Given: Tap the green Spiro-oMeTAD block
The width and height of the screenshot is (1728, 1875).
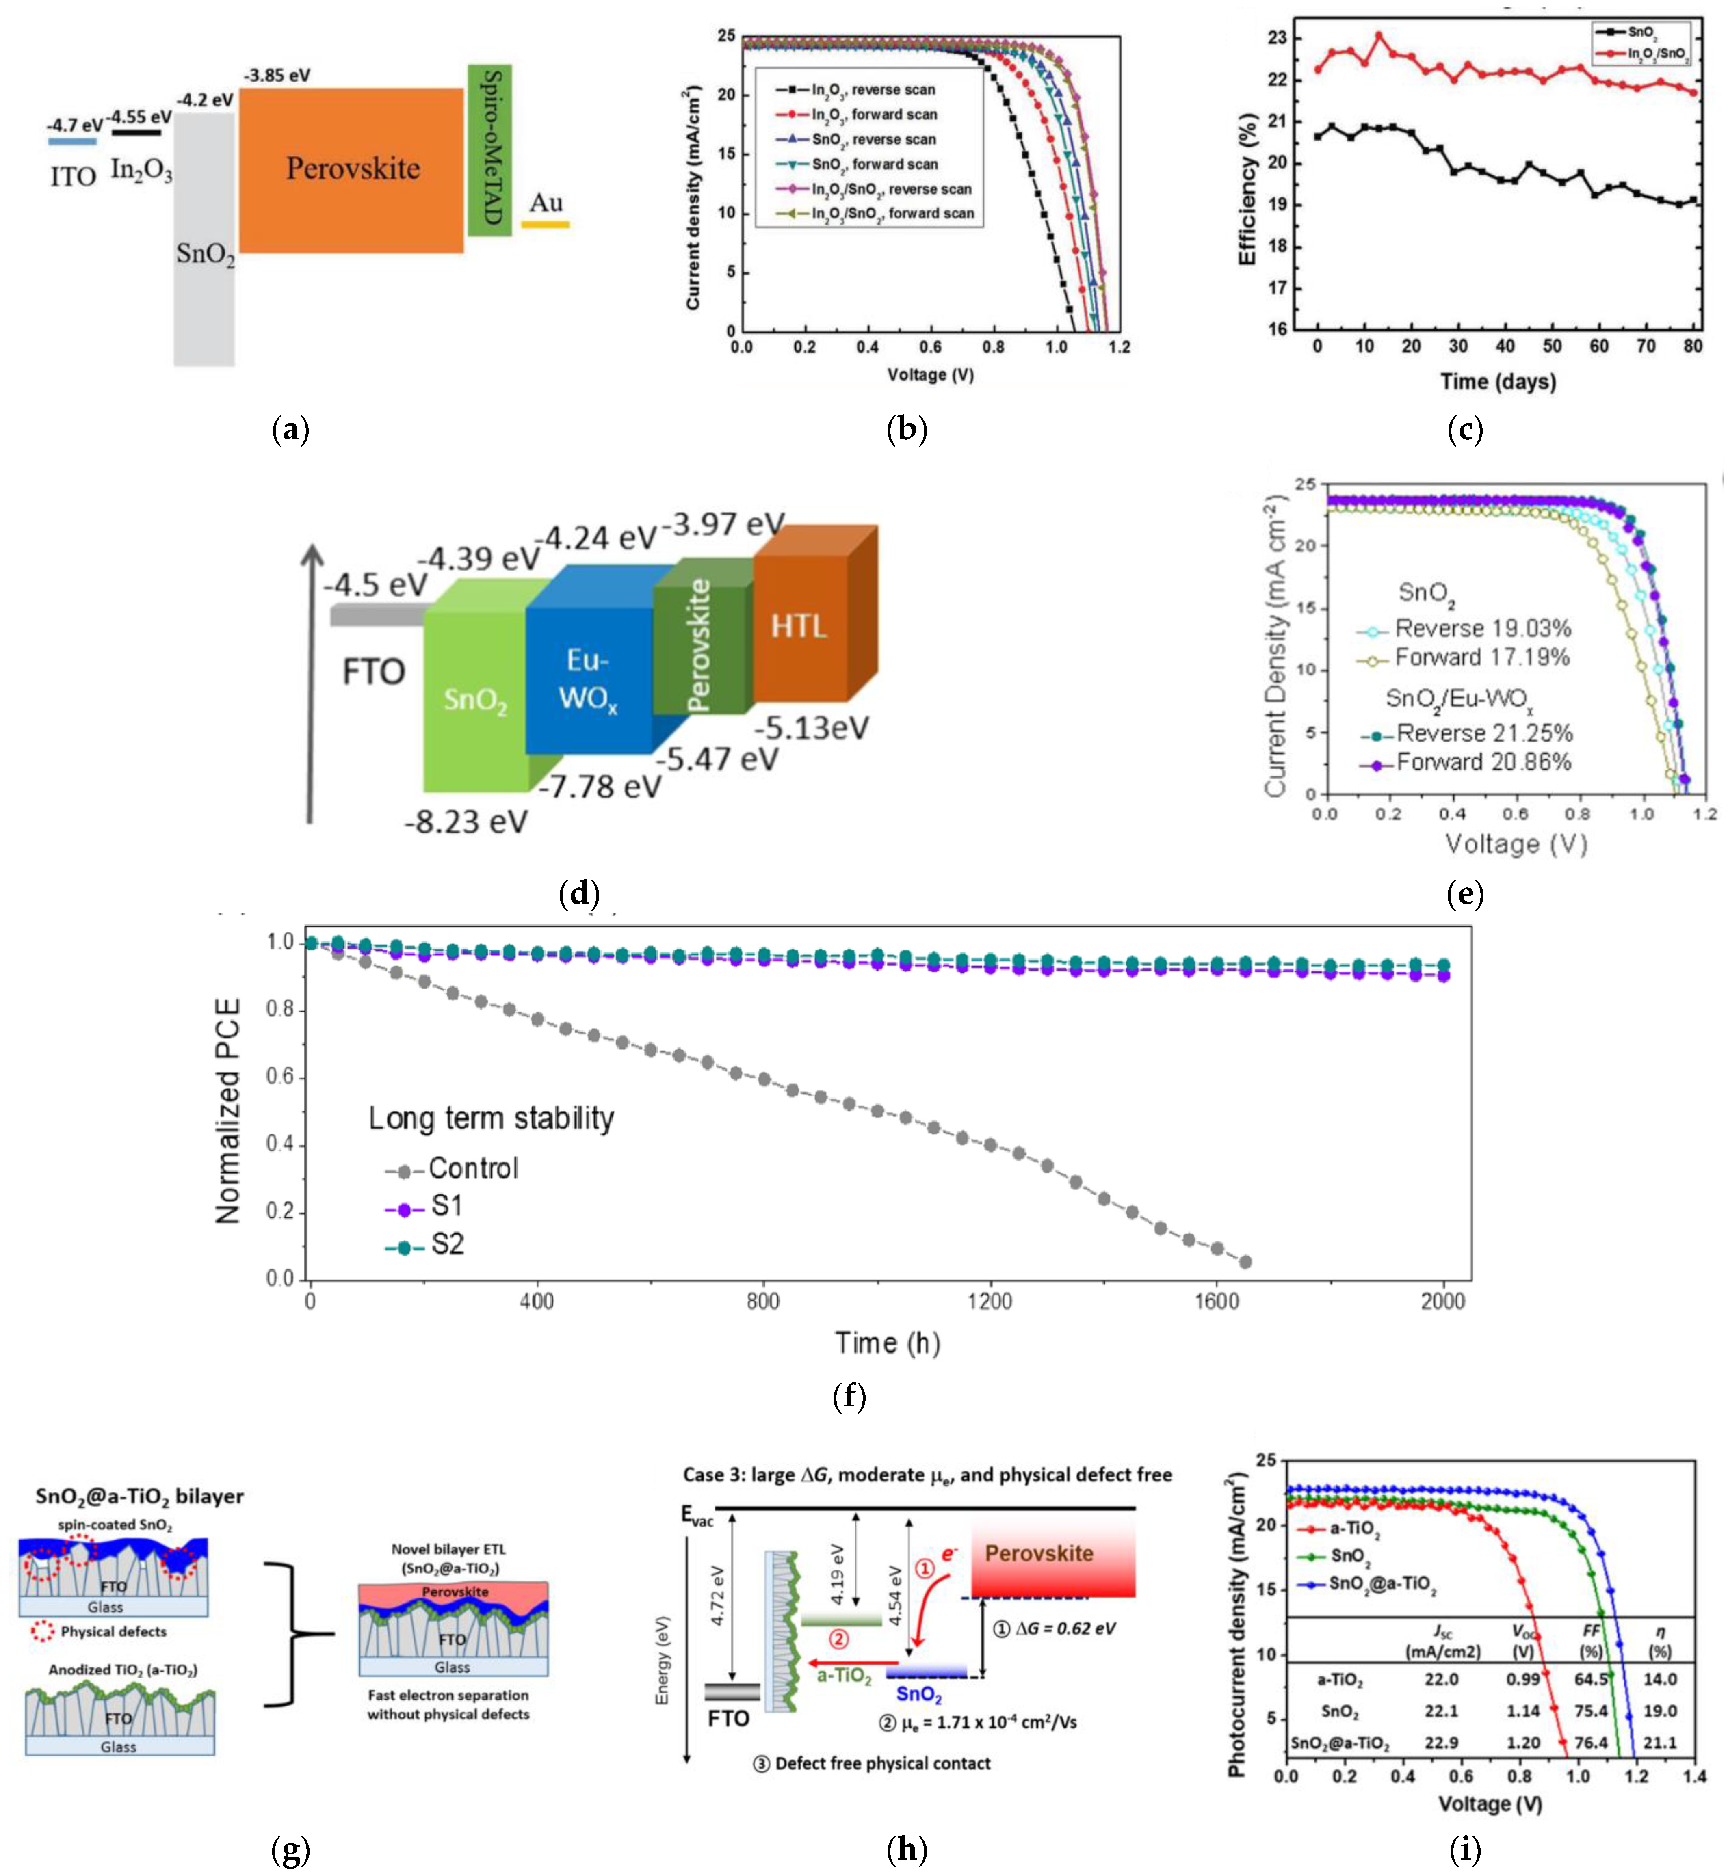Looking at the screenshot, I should [490, 149].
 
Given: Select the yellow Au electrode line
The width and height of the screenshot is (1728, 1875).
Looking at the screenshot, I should [545, 224].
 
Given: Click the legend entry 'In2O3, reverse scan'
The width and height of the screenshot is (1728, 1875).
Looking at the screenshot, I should [873, 90].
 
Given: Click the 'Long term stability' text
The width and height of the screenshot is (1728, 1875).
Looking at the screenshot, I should [491, 1119].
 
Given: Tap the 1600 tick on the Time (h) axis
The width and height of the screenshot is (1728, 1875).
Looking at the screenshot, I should [1217, 1301].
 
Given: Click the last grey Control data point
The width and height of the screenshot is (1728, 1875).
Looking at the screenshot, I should [1245, 1262].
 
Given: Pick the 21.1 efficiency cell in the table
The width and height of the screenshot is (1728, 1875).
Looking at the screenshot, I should [1660, 1742].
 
